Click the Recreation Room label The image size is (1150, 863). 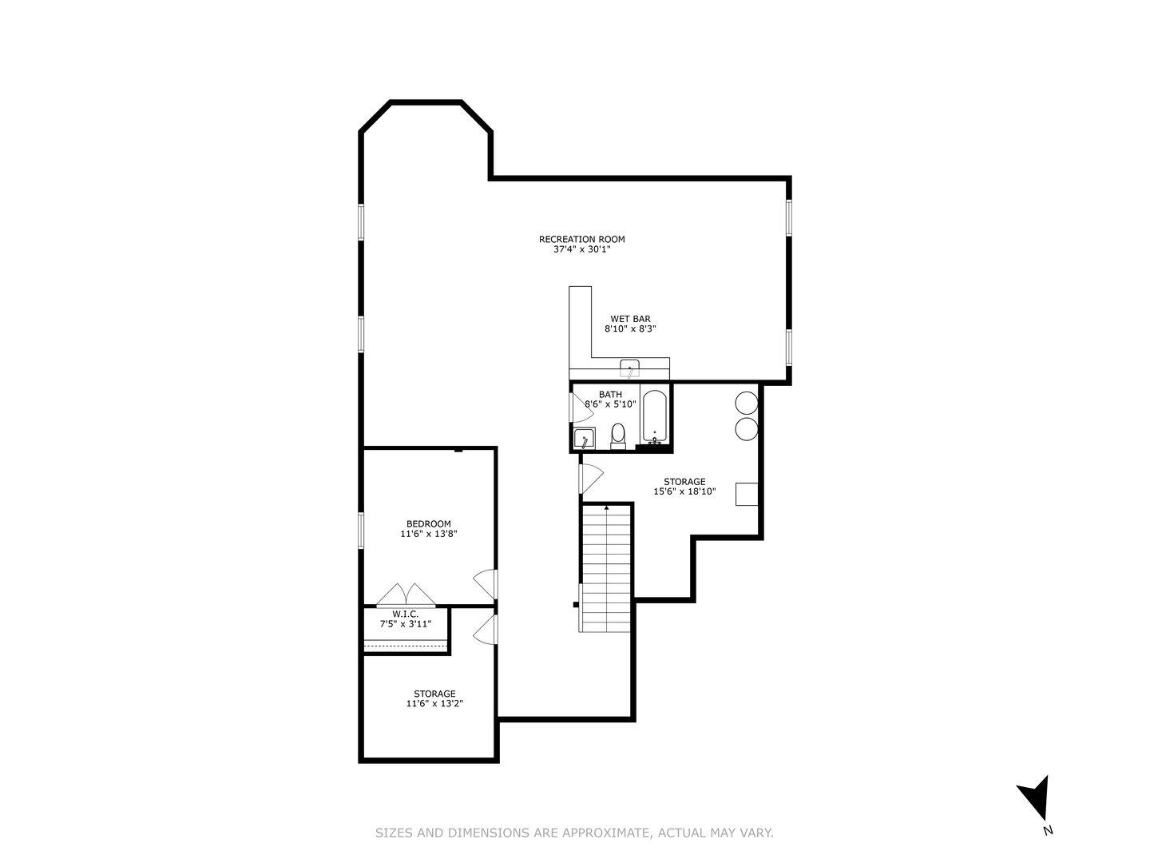pyautogui.click(x=581, y=239)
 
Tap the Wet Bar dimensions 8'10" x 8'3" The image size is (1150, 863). pyautogui.click(x=630, y=328)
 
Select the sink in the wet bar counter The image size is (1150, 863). pyautogui.click(x=630, y=369)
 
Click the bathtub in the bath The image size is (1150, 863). pyautogui.click(x=654, y=416)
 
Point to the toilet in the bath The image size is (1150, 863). pyautogui.click(x=617, y=435)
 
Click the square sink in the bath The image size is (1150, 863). pyautogui.click(x=584, y=439)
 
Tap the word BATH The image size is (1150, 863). pyautogui.click(x=610, y=394)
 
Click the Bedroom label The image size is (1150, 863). pyautogui.click(x=428, y=524)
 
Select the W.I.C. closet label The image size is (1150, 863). pyautogui.click(x=405, y=614)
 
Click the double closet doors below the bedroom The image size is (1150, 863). pyautogui.click(x=406, y=595)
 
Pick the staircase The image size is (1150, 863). pyautogui.click(x=606, y=567)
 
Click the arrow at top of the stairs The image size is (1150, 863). pyautogui.click(x=606, y=507)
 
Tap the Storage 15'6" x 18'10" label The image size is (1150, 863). pyautogui.click(x=684, y=487)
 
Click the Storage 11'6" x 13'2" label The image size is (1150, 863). pyautogui.click(x=434, y=698)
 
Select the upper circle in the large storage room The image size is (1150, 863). pyautogui.click(x=746, y=403)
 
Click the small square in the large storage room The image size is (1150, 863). pyautogui.click(x=747, y=494)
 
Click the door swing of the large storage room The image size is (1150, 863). pyautogui.click(x=591, y=478)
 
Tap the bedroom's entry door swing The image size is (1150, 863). pyautogui.click(x=485, y=584)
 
